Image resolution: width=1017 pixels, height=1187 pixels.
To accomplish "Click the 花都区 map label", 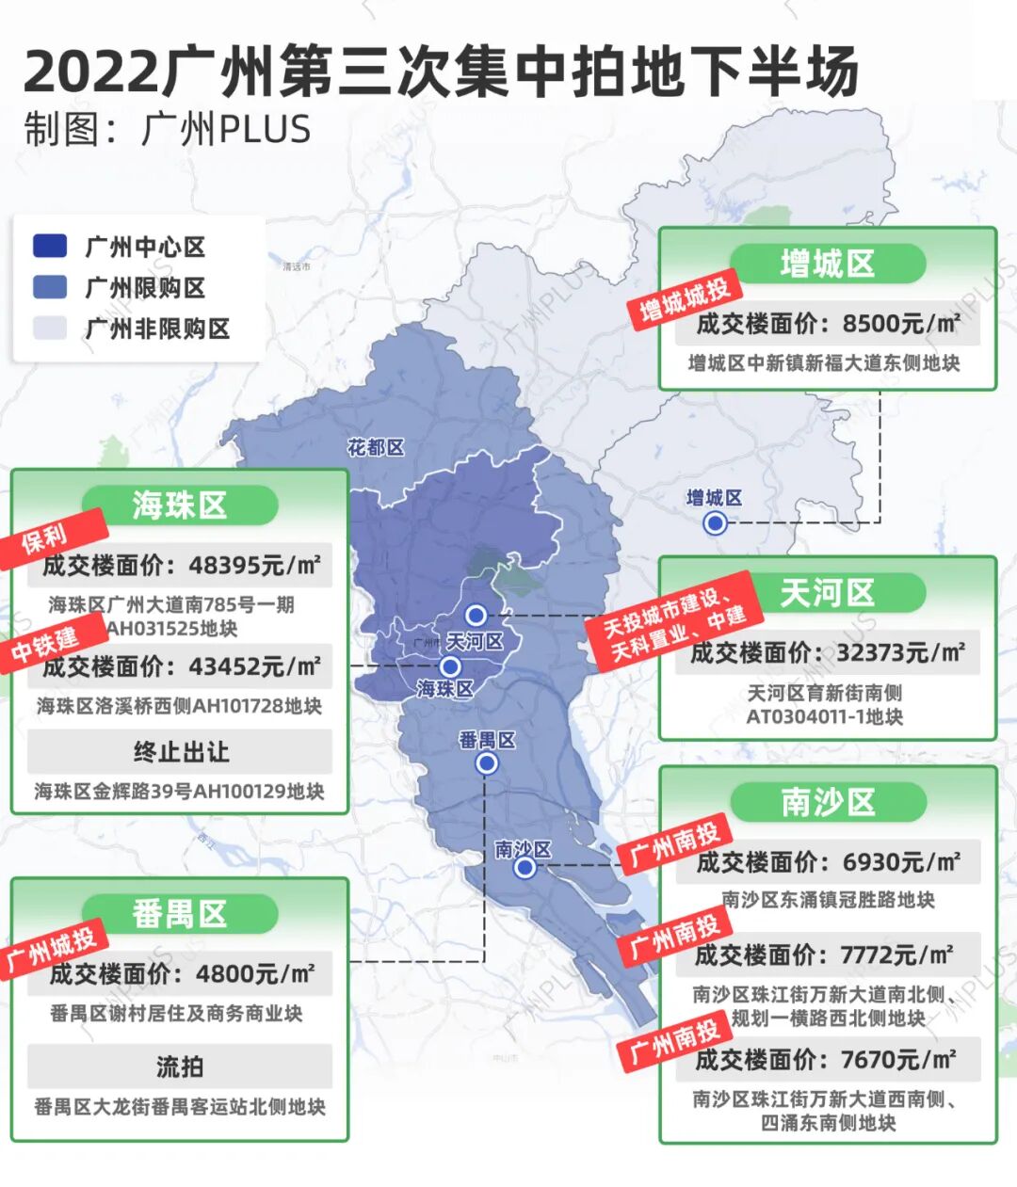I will [x=376, y=448].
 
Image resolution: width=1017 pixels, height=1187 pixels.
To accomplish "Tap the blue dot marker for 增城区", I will [x=716, y=522].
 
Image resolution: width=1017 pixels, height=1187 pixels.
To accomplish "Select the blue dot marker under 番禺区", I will [x=487, y=763].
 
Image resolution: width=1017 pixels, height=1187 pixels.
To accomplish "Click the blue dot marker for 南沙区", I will [x=525, y=867].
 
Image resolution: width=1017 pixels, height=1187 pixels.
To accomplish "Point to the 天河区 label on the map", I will [x=475, y=642].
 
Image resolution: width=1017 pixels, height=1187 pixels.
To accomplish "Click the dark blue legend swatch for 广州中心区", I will [x=50, y=247].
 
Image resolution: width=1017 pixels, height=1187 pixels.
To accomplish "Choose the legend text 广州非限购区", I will [x=157, y=329].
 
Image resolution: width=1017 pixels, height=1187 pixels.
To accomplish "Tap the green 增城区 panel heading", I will [x=828, y=265].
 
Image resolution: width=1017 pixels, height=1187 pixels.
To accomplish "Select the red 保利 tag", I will [x=45, y=537].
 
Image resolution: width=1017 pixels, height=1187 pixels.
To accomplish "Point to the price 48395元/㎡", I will [x=254, y=565].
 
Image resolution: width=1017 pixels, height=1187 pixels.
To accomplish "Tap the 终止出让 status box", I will [x=180, y=752].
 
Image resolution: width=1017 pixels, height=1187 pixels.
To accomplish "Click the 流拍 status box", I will [x=180, y=1067].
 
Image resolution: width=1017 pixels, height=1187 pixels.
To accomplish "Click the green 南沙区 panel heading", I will [x=828, y=803].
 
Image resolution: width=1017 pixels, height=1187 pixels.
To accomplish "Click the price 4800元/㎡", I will [x=254, y=973].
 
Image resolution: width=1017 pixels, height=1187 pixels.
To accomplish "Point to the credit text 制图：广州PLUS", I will [x=168, y=129].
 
